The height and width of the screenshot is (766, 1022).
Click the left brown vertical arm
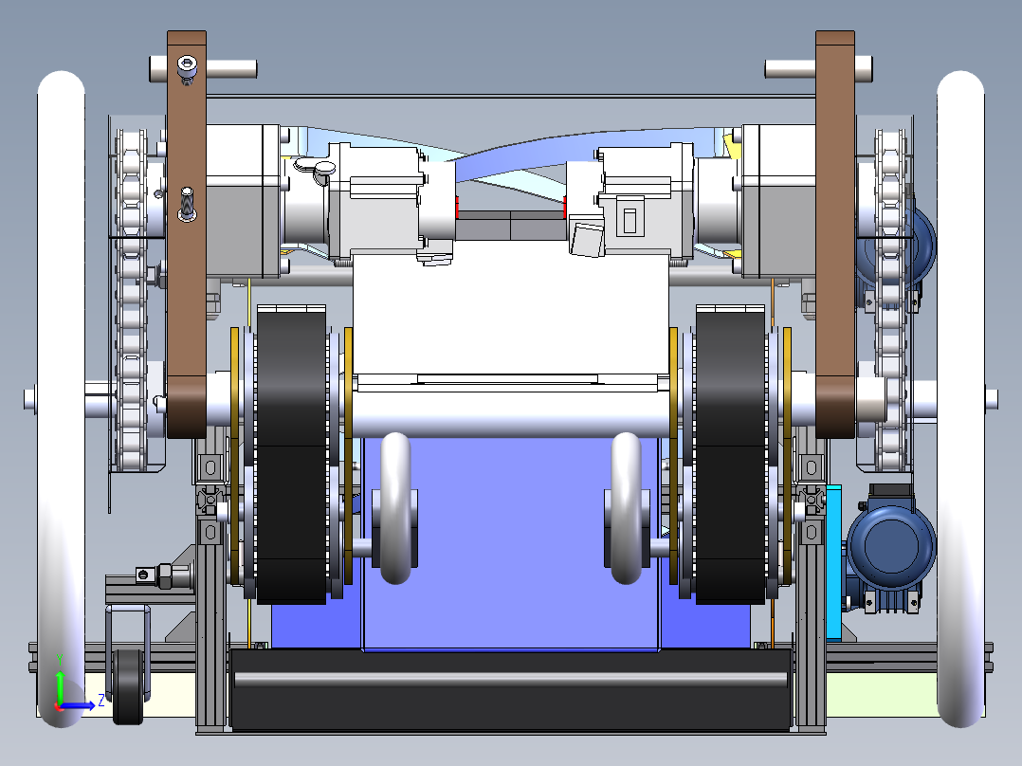pyautogui.click(x=187, y=235)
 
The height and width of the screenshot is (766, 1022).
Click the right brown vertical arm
pyautogui.click(x=835, y=235)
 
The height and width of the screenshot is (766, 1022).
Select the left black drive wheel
pyautogui.click(x=291, y=454)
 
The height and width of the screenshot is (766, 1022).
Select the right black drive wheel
pyautogui.click(x=730, y=454)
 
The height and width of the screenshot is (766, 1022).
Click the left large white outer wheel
pyautogui.click(x=61, y=399)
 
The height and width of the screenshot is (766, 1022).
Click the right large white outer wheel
pyautogui.click(x=960, y=399)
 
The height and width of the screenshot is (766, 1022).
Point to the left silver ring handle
pyautogui.click(x=395, y=508)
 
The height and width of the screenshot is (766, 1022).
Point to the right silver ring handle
pyautogui.click(x=627, y=508)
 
